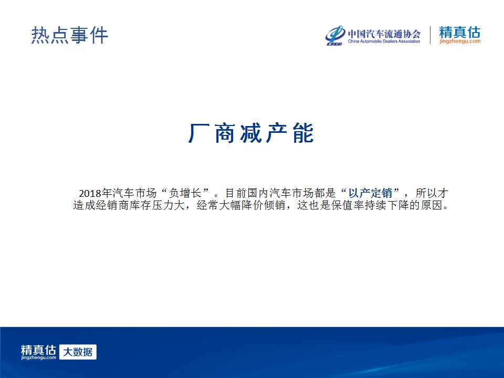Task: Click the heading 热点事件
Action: pos(69,35)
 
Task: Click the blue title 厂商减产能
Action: pos(251,133)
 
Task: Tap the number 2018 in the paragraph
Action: pos(90,193)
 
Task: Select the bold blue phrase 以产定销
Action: pos(370,193)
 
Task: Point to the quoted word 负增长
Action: pos(185,193)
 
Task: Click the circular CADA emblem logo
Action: pos(335,35)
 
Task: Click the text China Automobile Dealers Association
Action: pos(384,41)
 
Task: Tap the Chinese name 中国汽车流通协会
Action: pos(384,34)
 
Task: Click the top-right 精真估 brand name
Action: pos(460,32)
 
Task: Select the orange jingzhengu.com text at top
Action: pos(460,41)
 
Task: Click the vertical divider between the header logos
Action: pos(430,35)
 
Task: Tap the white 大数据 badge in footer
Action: pos(78,352)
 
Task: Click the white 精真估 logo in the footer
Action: pos(38,350)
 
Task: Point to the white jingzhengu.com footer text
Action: pos(38,358)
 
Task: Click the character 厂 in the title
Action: pos(198,133)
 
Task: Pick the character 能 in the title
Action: pos(303,133)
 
